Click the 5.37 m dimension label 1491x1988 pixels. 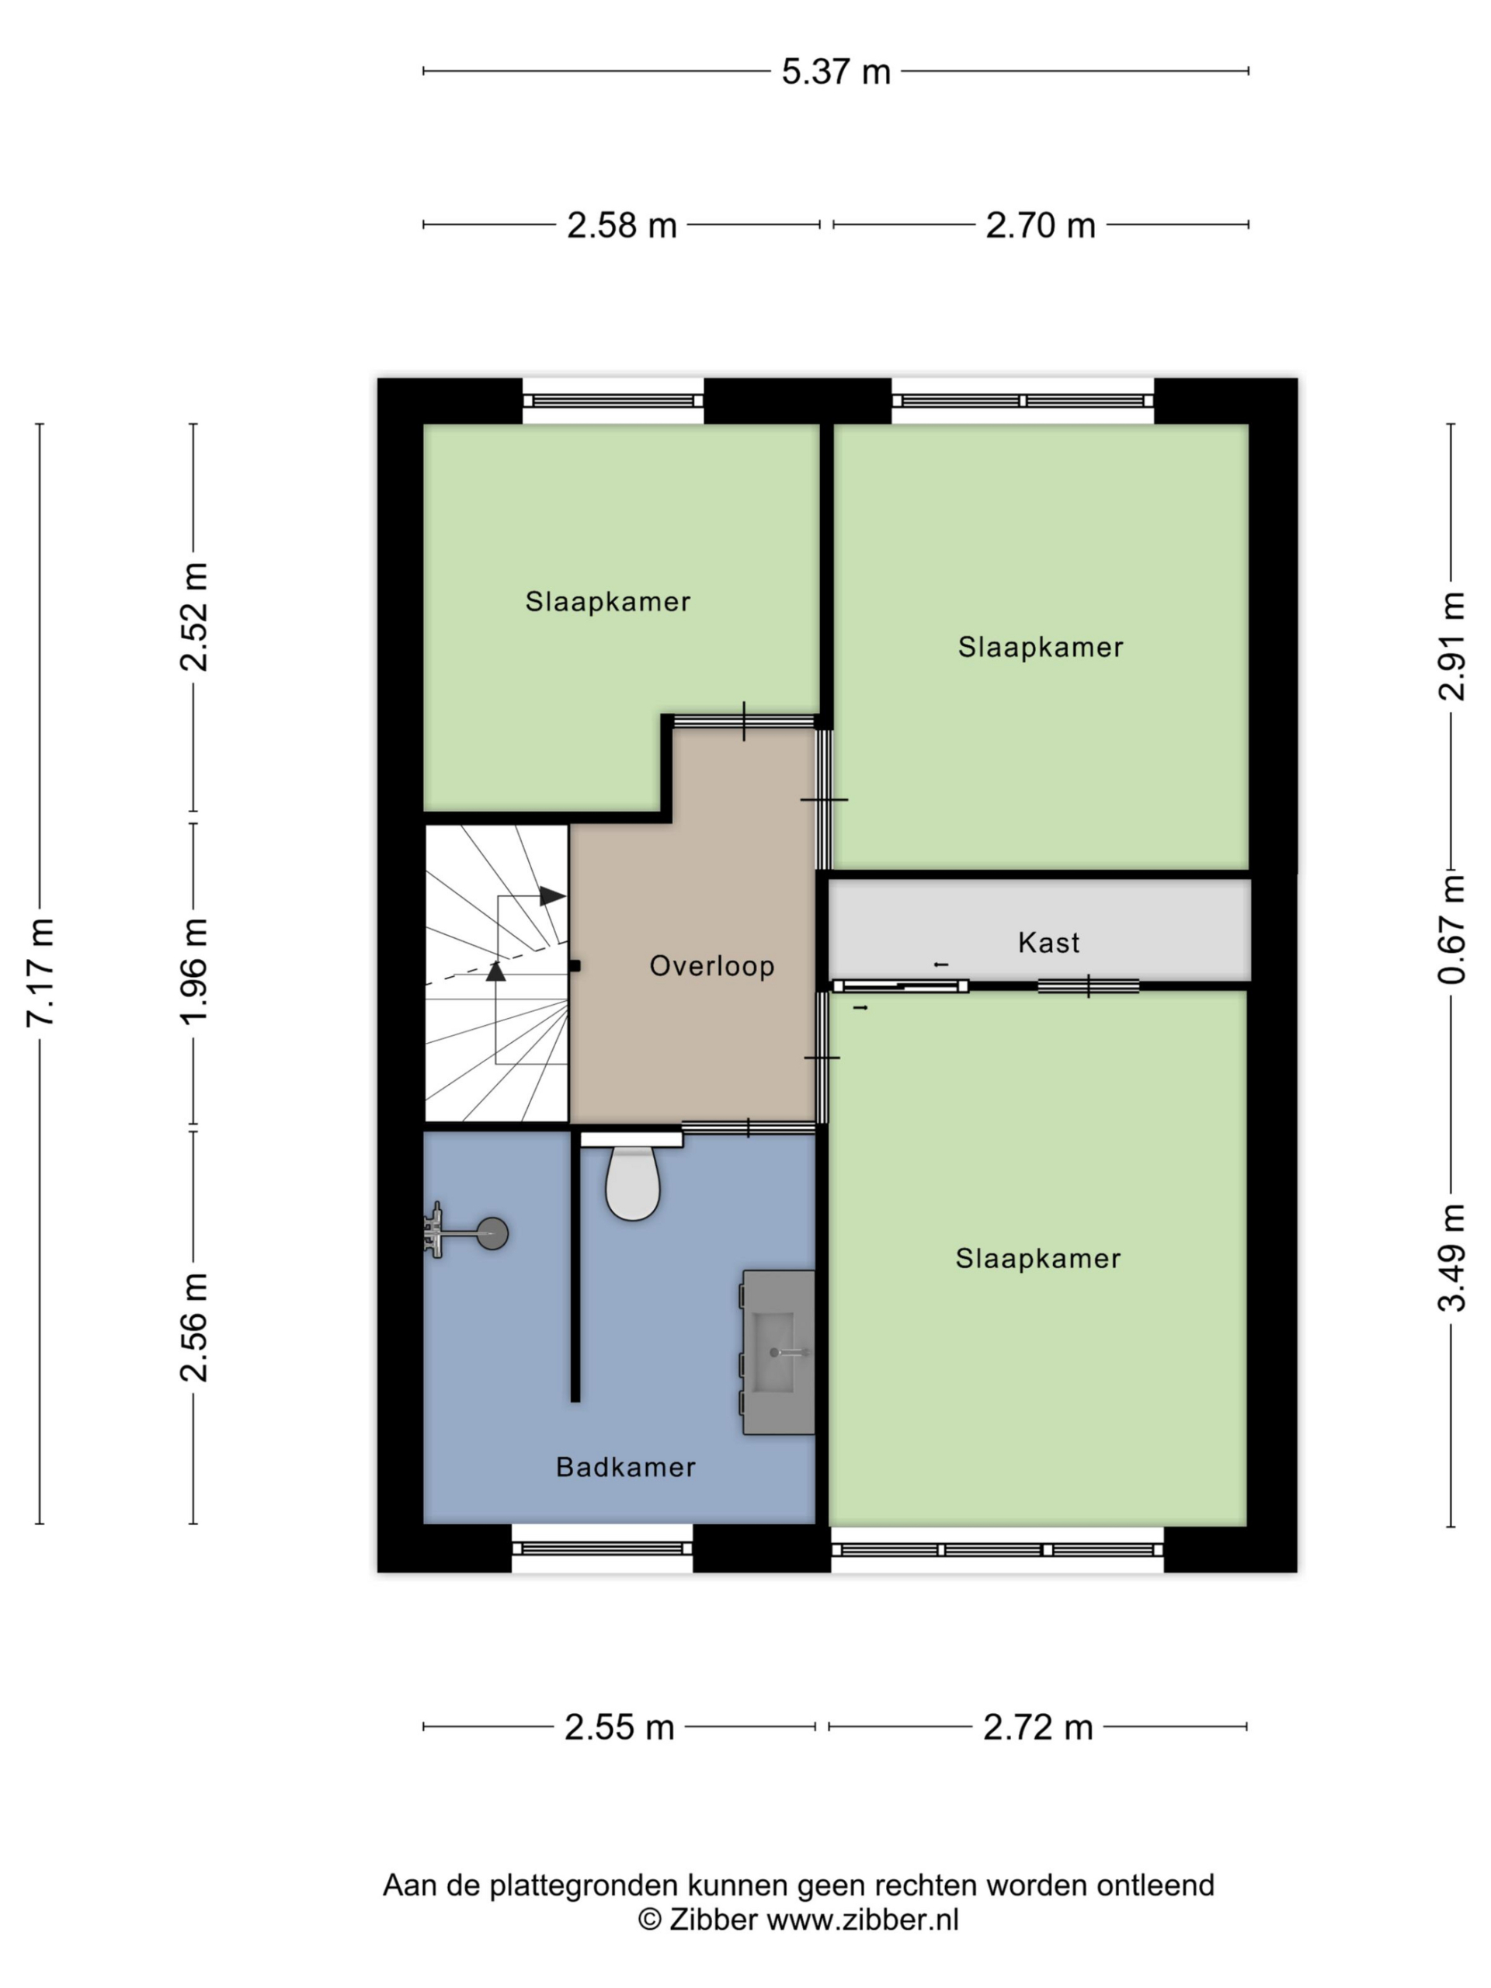pyautogui.click(x=835, y=72)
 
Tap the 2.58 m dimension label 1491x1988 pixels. pyautogui.click(x=621, y=225)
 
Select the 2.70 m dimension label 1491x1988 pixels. pyautogui.click(x=1040, y=225)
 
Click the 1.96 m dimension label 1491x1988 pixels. pyautogui.click(x=195, y=972)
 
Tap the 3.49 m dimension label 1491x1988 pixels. pyautogui.click(x=1451, y=1258)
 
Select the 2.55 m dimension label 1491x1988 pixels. pyautogui.click(x=618, y=1727)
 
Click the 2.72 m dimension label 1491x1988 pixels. pyautogui.click(x=1037, y=1727)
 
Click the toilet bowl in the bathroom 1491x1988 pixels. pyautogui.click(x=633, y=1184)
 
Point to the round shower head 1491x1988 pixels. pyautogui.click(x=492, y=1234)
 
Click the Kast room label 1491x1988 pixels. pyautogui.click(x=1048, y=943)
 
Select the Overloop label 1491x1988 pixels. pyautogui.click(x=712, y=966)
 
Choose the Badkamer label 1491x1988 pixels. pyautogui.click(x=625, y=1468)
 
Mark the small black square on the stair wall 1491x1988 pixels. pyautogui.click(x=575, y=966)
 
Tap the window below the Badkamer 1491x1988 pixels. pyautogui.click(x=601, y=1548)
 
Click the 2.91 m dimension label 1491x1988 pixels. pyautogui.click(x=1451, y=646)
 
